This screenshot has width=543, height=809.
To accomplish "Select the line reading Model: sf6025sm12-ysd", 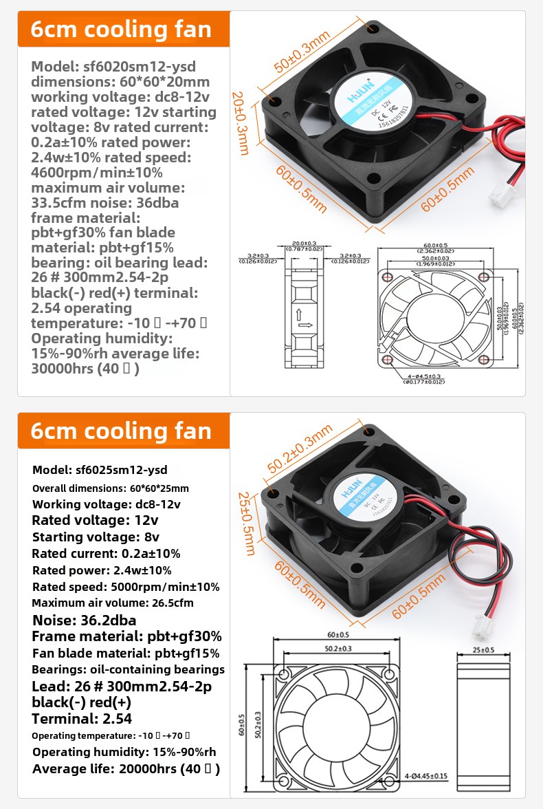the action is point(100,471).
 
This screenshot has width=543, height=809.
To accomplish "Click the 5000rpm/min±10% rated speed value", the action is point(165,587).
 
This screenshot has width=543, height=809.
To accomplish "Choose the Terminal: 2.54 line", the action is point(82,720).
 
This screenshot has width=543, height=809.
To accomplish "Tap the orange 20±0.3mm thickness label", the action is point(240,123).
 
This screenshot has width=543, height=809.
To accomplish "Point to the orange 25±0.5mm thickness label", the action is point(246,523).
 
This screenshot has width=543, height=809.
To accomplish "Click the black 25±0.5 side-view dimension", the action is point(484,649).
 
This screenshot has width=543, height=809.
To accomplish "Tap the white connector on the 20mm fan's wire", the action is point(498,198).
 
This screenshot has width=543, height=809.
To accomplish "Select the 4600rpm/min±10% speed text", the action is point(97,172).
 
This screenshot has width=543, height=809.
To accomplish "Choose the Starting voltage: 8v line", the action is point(86,537).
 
